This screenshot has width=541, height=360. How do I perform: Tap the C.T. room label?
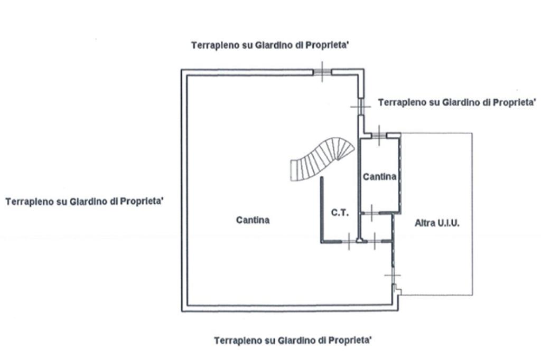click(x=340, y=213)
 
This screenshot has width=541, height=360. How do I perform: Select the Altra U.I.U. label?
click(x=437, y=223)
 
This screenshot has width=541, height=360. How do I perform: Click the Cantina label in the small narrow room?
click(x=379, y=176)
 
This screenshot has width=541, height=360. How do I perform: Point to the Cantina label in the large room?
click(x=253, y=220)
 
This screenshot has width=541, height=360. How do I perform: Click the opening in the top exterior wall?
click(x=322, y=72)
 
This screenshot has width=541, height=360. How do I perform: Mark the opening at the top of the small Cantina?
click(x=379, y=135)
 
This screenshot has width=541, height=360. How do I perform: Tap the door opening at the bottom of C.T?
click(x=349, y=241)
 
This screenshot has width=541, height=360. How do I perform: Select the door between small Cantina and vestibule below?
click(x=371, y=213)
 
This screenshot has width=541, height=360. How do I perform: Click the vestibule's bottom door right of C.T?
click(x=375, y=241)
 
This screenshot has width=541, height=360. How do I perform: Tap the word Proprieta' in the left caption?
click(x=141, y=201)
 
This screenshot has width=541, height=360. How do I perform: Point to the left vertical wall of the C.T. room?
click(x=322, y=210)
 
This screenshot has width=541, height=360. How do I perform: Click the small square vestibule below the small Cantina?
click(x=376, y=227)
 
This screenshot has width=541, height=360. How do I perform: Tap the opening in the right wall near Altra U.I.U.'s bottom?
click(x=393, y=275)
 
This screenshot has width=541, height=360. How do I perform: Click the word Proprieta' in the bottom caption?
click(x=350, y=340)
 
